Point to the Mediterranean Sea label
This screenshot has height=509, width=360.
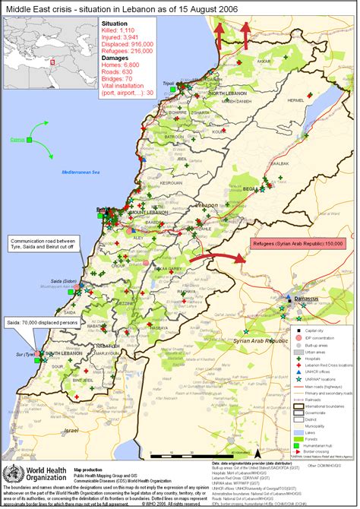pos(82,172)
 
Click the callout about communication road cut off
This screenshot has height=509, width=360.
pos(41,245)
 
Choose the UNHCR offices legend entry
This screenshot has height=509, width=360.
pos(319,371)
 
